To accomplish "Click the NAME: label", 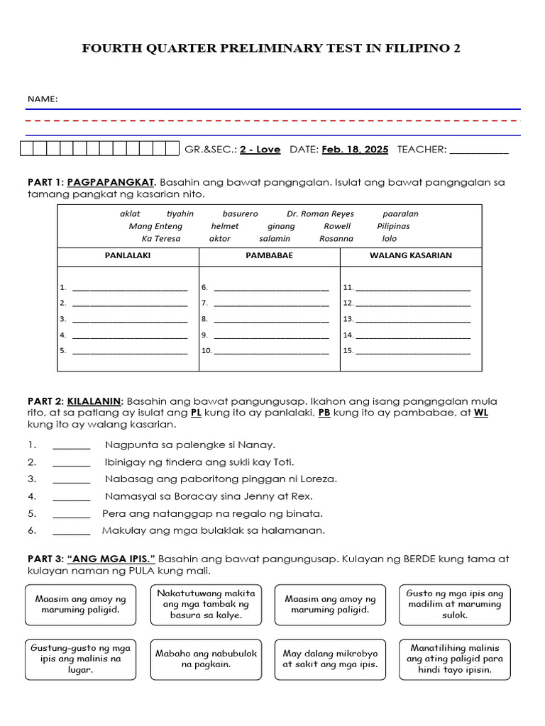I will [x=43, y=99].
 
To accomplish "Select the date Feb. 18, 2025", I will [x=355, y=149].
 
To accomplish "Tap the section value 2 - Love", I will [x=260, y=149].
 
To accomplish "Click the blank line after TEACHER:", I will [x=479, y=150].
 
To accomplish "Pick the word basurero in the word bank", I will [x=240, y=213].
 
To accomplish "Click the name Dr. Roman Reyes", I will [x=320, y=213].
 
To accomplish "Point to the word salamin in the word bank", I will [x=275, y=239].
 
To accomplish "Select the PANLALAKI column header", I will [x=128, y=255].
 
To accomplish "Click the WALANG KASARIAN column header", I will [x=411, y=255].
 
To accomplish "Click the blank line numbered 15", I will [x=412, y=351].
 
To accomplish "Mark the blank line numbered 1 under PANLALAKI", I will [x=130, y=289].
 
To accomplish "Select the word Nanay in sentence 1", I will [x=258, y=445].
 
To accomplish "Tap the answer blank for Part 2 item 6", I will [x=71, y=531].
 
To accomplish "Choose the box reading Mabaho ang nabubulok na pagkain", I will [x=207, y=659].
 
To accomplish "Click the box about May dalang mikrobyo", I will [x=330, y=659].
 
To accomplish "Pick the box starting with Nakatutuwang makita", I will [x=207, y=604].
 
